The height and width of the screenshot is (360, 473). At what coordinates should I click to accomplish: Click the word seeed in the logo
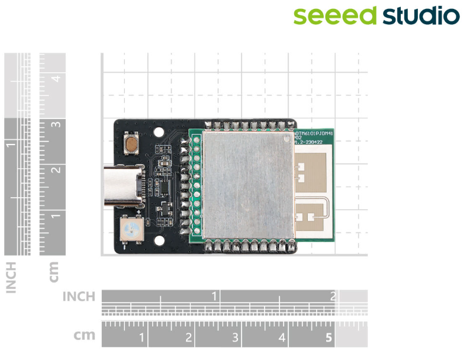coord(334,16)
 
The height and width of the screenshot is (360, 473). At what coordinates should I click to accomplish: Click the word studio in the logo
coord(420,16)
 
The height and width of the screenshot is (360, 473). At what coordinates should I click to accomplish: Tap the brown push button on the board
coord(130,143)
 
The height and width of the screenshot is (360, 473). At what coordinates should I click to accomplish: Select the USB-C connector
coord(123,187)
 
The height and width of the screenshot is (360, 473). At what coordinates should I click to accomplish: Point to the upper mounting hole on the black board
coord(159,133)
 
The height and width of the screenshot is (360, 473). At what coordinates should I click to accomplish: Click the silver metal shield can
coord(247,184)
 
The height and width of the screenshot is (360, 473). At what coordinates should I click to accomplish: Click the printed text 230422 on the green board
coord(311,142)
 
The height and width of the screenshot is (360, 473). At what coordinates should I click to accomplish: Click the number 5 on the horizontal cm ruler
coord(329,339)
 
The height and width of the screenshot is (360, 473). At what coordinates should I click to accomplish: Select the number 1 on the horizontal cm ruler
coord(142,339)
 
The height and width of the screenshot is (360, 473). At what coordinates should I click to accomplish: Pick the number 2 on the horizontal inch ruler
coord(333,297)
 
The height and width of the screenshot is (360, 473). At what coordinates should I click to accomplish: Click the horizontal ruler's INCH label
coord(79,297)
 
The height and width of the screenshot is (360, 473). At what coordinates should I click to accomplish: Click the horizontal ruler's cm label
coord(85,336)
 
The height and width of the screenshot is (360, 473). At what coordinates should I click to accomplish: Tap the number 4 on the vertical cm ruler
coord(56,78)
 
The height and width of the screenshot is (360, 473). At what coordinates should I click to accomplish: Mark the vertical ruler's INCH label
coord(11,277)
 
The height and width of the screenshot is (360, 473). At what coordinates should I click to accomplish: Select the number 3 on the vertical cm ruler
coord(56,125)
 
